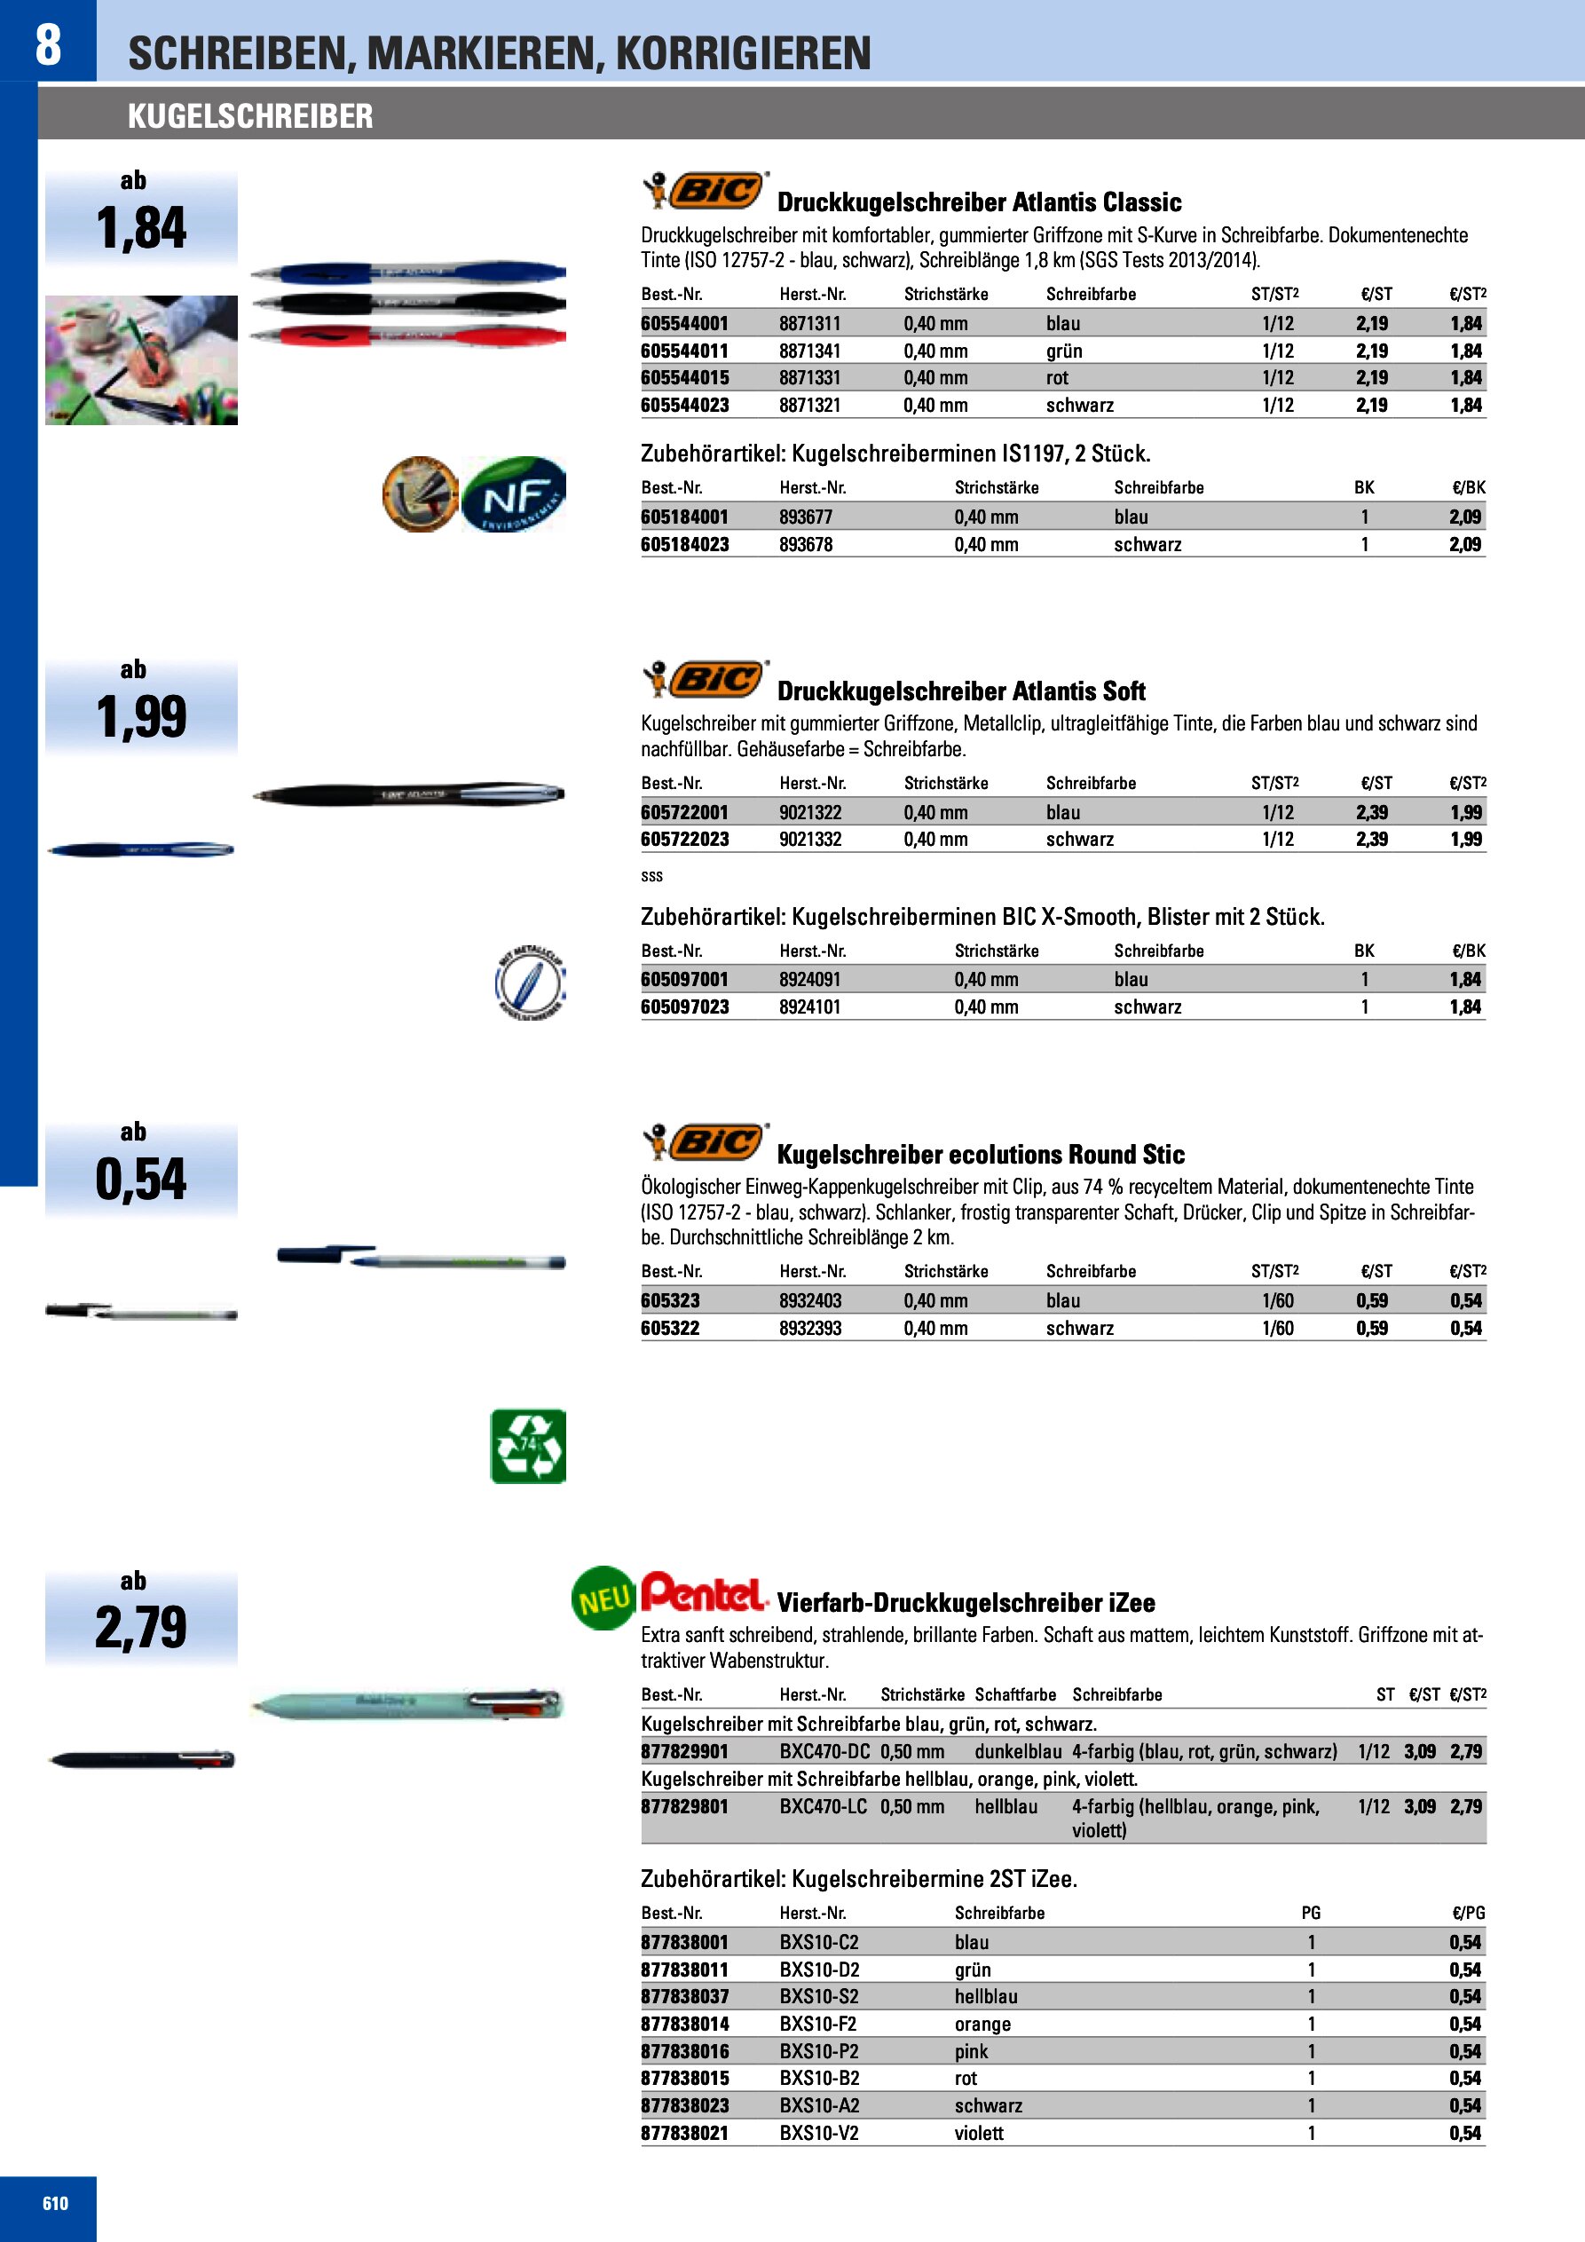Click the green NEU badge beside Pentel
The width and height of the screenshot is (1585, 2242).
tap(603, 1599)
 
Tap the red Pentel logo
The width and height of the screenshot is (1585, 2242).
tap(703, 1591)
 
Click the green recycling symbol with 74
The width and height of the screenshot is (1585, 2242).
tap(527, 1446)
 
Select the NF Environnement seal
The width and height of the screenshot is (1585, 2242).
tap(514, 494)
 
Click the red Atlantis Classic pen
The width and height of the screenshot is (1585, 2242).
tap(408, 336)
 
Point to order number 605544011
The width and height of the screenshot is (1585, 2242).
tap(684, 351)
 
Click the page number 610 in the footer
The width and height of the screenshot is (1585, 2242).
tap(55, 2204)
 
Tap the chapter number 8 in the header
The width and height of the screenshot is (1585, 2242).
tap(48, 44)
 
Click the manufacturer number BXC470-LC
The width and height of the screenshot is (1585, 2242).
tap(823, 1806)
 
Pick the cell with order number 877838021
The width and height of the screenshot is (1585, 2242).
tap(684, 2133)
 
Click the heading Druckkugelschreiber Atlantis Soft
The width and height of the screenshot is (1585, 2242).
tap(961, 691)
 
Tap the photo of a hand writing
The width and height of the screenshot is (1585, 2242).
tap(142, 360)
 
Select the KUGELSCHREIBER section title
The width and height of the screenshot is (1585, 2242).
tap(250, 116)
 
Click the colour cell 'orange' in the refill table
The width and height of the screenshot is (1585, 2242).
tap(982, 2025)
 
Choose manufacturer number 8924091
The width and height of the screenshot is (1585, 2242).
tap(809, 979)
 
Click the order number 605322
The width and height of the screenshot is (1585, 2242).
tap(670, 1328)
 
